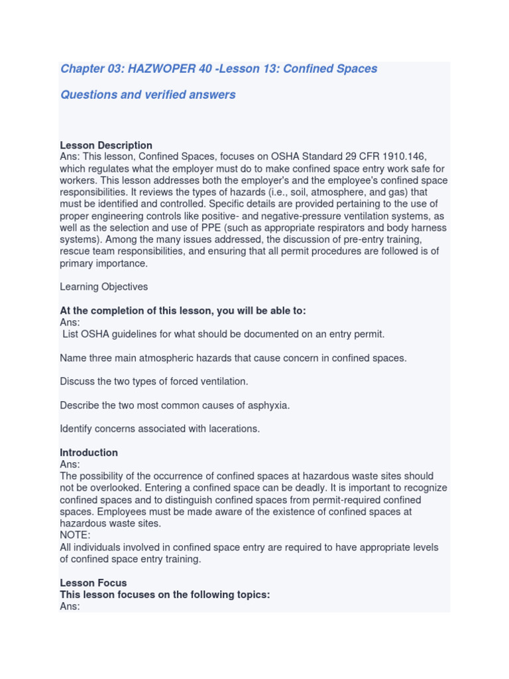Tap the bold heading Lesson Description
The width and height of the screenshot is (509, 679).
tap(106, 145)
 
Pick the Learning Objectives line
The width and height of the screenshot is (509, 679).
tap(104, 287)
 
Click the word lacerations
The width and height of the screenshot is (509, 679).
tap(233, 429)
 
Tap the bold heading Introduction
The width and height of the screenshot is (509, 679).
tap(89, 453)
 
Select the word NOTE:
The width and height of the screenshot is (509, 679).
tap(76, 535)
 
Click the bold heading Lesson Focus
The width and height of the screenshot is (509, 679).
tap(93, 583)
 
